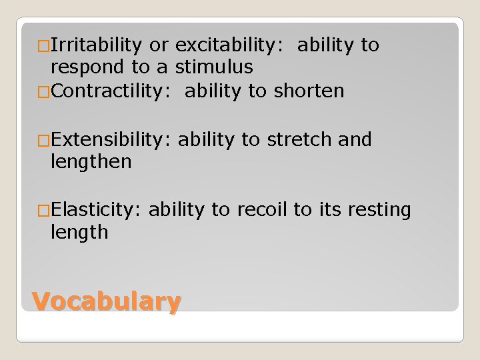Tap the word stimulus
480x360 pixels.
(x=215, y=67)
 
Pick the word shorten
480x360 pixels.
(x=307, y=91)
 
